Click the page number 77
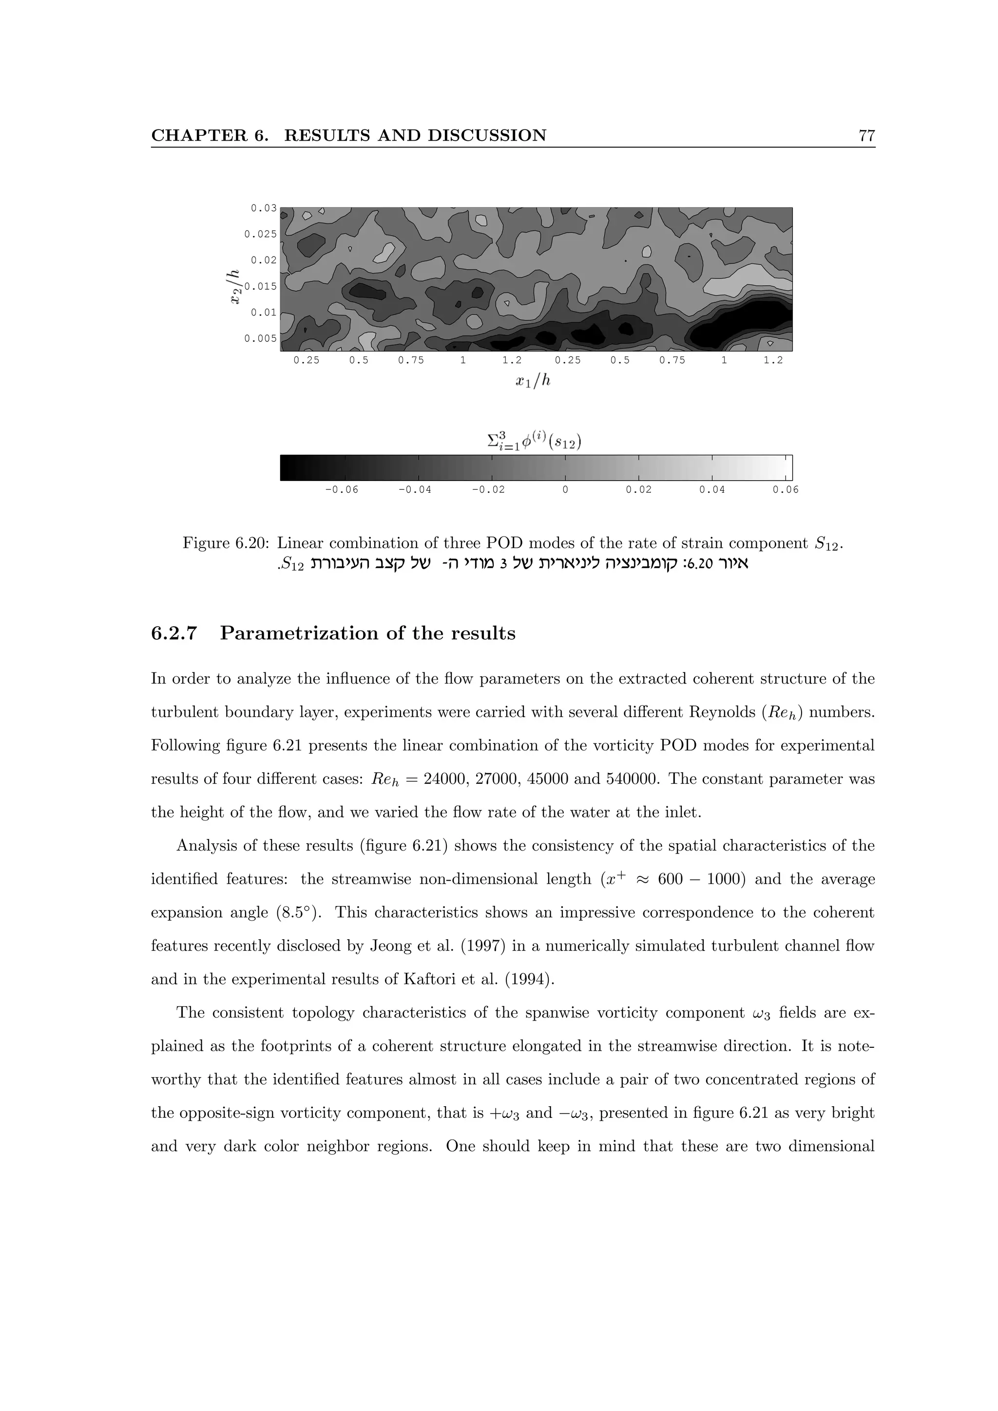click(866, 136)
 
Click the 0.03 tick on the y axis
click(264, 208)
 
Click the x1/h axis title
click(533, 382)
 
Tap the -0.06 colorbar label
click(341, 490)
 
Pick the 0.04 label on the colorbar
click(711, 490)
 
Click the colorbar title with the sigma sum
click(535, 441)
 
